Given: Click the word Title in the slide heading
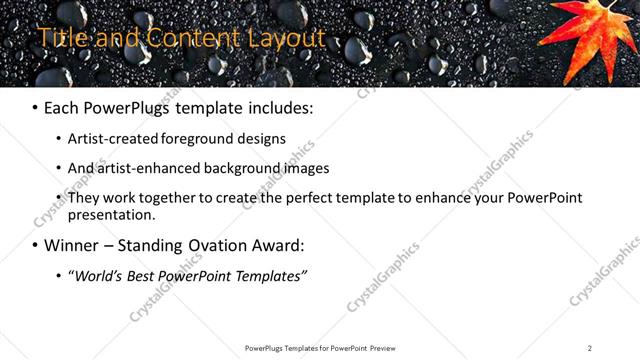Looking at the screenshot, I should pyautogui.click(x=59, y=38).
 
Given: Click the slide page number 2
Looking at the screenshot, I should pyautogui.click(x=590, y=348).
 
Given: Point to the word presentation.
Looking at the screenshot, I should pyautogui.click(x=112, y=214).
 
